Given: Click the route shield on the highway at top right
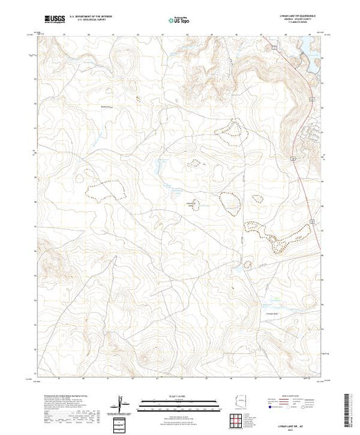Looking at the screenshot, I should pyautogui.click(x=274, y=48).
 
